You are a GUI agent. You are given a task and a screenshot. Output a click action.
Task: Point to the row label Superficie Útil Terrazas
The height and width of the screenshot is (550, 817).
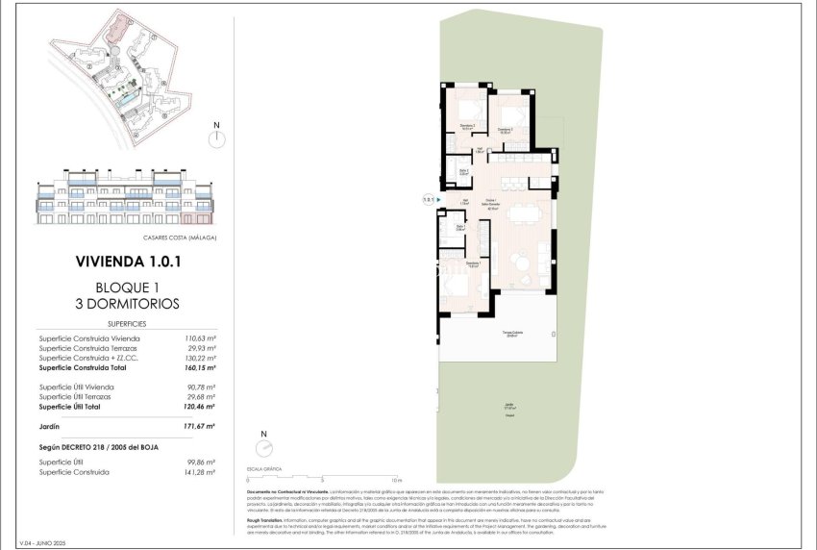[75, 396]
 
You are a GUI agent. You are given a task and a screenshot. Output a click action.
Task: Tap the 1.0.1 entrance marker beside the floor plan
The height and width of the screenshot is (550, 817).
[428, 199]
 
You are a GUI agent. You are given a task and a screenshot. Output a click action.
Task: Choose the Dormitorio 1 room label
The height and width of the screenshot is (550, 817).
[473, 263]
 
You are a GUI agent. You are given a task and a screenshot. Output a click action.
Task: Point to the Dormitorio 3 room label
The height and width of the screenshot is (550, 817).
[467, 125]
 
